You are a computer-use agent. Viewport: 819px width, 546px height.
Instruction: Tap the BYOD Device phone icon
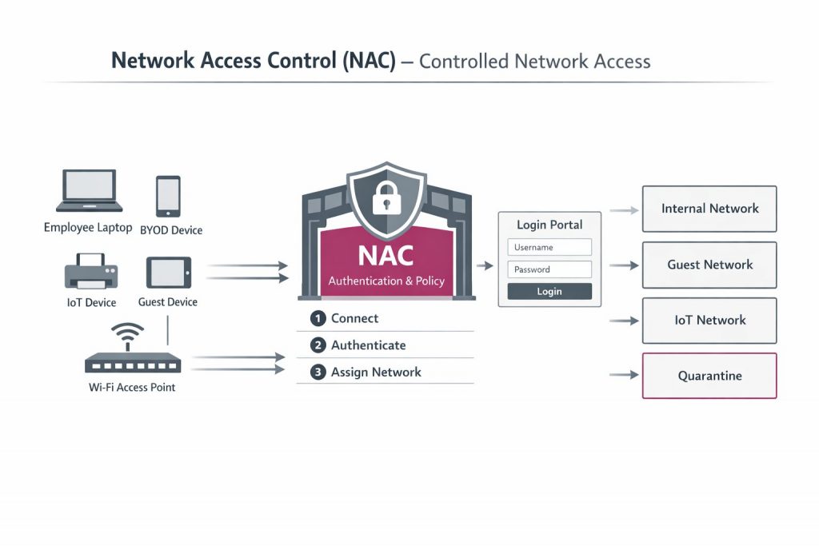pos(168,196)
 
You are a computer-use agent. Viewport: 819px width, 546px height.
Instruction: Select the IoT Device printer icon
pos(90,272)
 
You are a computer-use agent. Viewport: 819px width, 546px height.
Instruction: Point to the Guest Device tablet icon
pos(168,272)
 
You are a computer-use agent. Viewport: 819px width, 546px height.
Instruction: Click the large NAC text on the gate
pos(386,255)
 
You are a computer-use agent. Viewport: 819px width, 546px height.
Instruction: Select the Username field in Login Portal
pos(549,247)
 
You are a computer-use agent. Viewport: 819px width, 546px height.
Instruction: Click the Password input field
pos(549,269)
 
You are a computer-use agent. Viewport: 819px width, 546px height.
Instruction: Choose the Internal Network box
pos(709,209)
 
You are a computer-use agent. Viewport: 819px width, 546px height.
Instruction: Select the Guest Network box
pos(709,265)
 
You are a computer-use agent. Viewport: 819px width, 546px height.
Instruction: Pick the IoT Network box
pos(709,321)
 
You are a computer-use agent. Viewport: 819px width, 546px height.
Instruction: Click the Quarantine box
pos(709,376)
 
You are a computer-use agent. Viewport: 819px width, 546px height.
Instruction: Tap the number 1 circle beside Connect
pos(318,318)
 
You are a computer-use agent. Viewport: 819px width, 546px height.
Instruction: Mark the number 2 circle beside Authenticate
pos(318,345)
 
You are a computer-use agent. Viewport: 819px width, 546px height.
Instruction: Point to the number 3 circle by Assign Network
pos(318,372)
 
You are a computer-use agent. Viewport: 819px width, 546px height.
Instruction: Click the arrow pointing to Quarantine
pos(624,375)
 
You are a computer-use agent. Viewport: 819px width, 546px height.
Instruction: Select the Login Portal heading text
pos(549,225)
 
